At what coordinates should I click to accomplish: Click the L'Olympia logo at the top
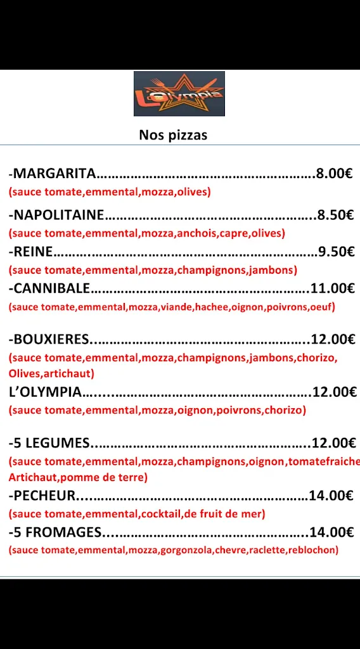179,94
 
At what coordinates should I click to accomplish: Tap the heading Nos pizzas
173,135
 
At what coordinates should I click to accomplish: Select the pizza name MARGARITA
55,173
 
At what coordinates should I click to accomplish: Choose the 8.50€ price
335,215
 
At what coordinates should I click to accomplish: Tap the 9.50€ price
336,252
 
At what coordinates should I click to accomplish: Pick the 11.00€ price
333,288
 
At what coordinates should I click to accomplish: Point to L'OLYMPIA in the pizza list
45,392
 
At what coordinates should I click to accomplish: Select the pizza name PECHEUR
44,496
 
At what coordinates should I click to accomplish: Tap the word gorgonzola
186,550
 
